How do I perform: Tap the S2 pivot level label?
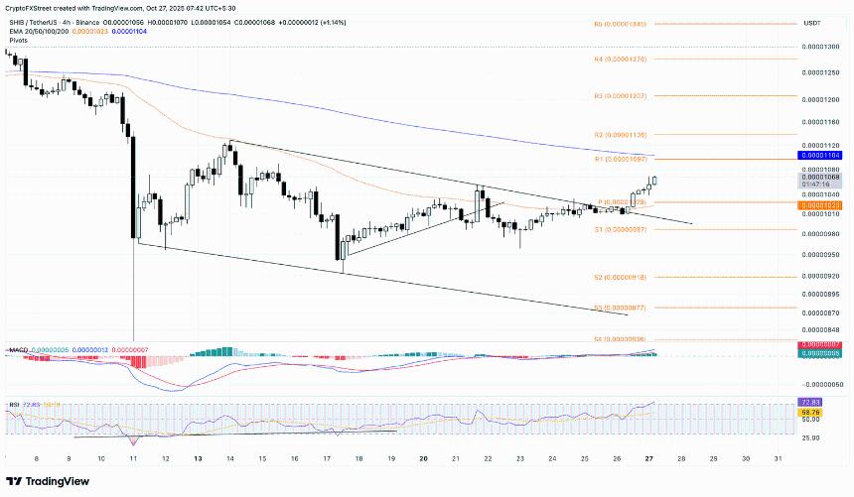pos(621,277)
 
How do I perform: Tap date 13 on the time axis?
pos(198,459)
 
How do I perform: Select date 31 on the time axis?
pos(778,459)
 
